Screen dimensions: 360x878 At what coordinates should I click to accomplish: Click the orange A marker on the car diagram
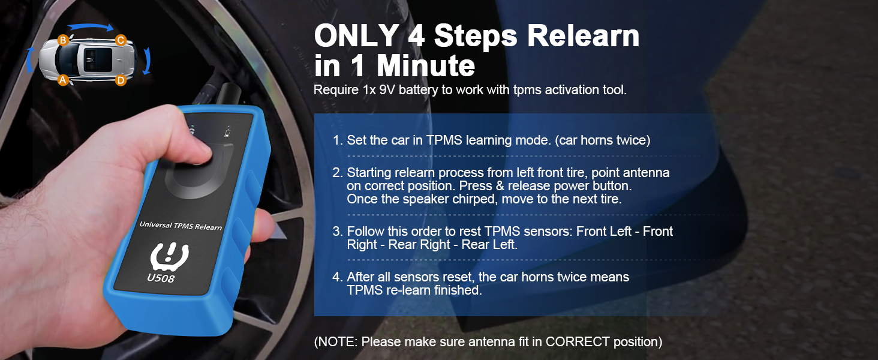click(63, 79)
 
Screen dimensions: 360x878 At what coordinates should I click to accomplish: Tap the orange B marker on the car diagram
click(63, 40)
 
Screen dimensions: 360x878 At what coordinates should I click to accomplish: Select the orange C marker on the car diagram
click(121, 40)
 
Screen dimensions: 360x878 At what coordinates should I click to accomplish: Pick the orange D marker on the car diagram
click(121, 80)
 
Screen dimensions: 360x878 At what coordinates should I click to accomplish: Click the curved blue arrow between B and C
click(90, 26)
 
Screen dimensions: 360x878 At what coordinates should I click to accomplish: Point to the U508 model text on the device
click(161, 277)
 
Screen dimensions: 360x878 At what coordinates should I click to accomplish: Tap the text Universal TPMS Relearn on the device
click(181, 226)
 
